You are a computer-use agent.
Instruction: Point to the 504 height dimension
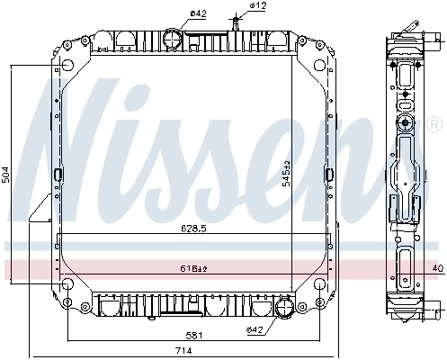pyautogui.click(x=6, y=176)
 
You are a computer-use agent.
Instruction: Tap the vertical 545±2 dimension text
pyautogui.click(x=285, y=171)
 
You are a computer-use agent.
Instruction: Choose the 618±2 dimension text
pyautogui.click(x=191, y=267)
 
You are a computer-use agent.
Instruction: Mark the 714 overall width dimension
pyautogui.click(x=183, y=350)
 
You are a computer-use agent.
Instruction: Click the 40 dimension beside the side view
pyautogui.click(x=438, y=268)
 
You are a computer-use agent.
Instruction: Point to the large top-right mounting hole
pyautogui.click(x=317, y=48)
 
